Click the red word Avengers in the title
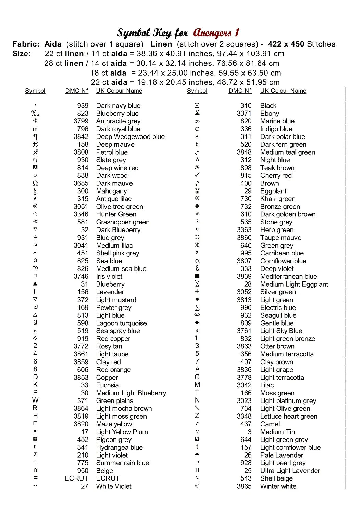(212, 33)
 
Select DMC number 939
(83, 106)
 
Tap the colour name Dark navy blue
(118, 106)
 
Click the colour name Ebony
(270, 114)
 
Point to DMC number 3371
(244, 114)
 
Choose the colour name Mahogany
(111, 191)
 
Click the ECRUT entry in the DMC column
(76, 478)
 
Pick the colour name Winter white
(278, 486)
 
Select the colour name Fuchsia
(108, 385)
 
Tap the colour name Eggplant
(273, 191)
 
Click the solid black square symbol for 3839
(197, 276)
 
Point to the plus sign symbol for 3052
(197, 291)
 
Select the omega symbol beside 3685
(35, 183)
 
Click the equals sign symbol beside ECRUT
(36, 478)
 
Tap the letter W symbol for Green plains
(35, 400)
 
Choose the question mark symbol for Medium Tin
(197, 432)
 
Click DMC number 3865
(244, 486)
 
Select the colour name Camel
(270, 424)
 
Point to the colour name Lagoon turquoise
(121, 323)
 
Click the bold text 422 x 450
(286, 44)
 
